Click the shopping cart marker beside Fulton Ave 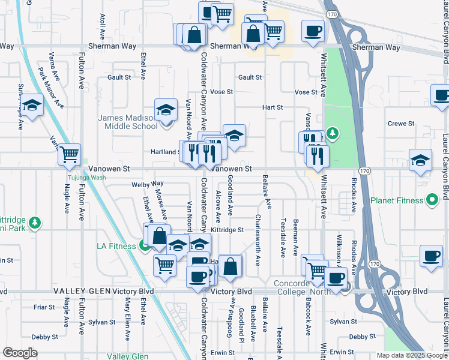(70, 154)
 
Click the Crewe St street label (402, 124)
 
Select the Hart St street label (272, 107)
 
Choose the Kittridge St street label (228, 230)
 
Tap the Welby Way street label (148, 184)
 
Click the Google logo (20, 353)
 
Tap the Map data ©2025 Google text (411, 355)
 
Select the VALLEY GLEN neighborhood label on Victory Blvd (80, 291)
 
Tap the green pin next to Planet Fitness (432, 200)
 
